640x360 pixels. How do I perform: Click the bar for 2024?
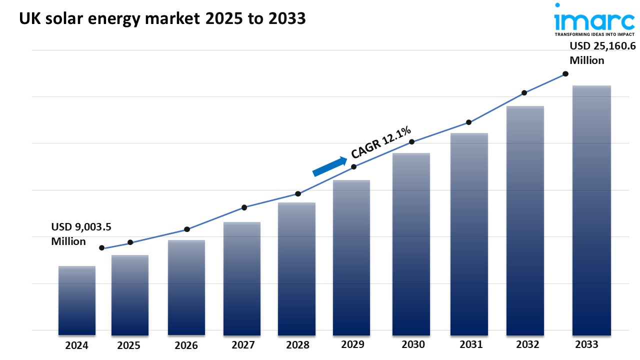[x=77, y=300]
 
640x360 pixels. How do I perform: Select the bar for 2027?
[x=242, y=278]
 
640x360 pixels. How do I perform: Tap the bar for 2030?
[x=411, y=244]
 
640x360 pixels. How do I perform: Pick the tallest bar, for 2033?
[x=591, y=210]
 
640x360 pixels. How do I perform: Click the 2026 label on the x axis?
[x=186, y=345]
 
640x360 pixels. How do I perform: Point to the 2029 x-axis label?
[x=353, y=344]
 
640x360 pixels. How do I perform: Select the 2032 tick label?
[x=527, y=344]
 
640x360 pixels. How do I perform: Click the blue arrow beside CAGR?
[x=329, y=166]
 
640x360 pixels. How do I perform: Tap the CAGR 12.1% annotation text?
[x=381, y=142]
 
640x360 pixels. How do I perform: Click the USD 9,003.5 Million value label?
[x=81, y=234]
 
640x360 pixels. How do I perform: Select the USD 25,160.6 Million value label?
[x=602, y=53]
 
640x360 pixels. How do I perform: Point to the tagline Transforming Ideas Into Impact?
[x=594, y=34]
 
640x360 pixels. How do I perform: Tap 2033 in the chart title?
[x=287, y=18]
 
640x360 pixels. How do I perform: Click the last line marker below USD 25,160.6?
[x=565, y=74]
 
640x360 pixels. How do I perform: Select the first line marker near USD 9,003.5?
[x=101, y=248]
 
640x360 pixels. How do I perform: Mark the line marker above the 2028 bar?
[x=298, y=194]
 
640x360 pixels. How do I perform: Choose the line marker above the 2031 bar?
[x=469, y=122]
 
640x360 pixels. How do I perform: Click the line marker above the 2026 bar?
[x=187, y=229]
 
